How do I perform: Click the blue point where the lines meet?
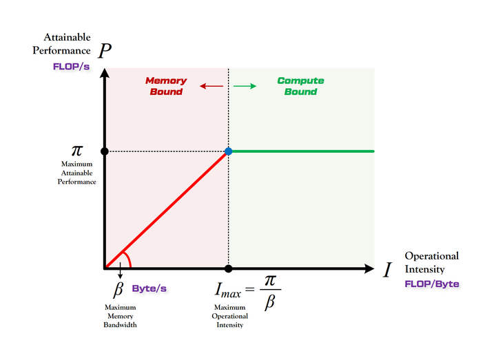[228, 151]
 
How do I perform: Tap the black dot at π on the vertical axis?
[104, 151]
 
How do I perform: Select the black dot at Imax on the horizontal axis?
[228, 268]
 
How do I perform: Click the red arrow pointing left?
[211, 86]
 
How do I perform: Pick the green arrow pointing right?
[245, 86]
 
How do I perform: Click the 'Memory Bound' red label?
[166, 86]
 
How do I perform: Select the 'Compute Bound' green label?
[300, 86]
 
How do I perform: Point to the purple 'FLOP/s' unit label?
[72, 67]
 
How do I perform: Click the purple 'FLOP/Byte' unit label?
[432, 284]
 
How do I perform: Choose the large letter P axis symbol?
[105, 51]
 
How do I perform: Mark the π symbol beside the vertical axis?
[77, 151]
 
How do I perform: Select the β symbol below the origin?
[118, 289]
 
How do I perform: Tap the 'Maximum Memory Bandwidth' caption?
[121, 316]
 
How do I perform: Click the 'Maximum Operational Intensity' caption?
[229, 316]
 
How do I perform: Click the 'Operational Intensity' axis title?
[431, 262]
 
